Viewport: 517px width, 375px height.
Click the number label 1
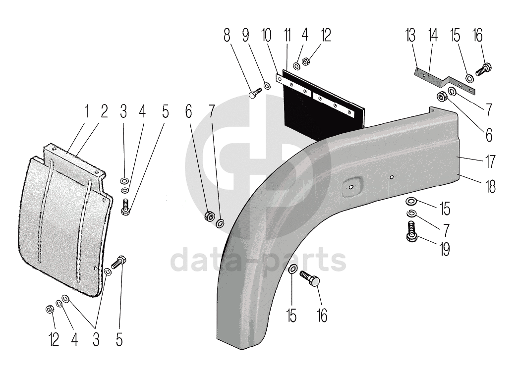click(86, 112)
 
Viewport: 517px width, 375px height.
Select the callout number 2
click(104, 112)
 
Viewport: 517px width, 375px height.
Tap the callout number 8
click(227, 35)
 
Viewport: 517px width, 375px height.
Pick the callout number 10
click(266, 35)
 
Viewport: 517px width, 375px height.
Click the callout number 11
click(286, 35)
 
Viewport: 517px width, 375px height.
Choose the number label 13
click(410, 35)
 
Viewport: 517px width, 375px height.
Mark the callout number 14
click(433, 35)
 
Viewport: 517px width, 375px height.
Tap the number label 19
click(445, 249)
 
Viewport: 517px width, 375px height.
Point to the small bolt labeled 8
click(256, 93)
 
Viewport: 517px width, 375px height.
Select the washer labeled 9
click(266, 86)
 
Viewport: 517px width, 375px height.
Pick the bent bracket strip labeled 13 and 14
click(444, 81)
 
